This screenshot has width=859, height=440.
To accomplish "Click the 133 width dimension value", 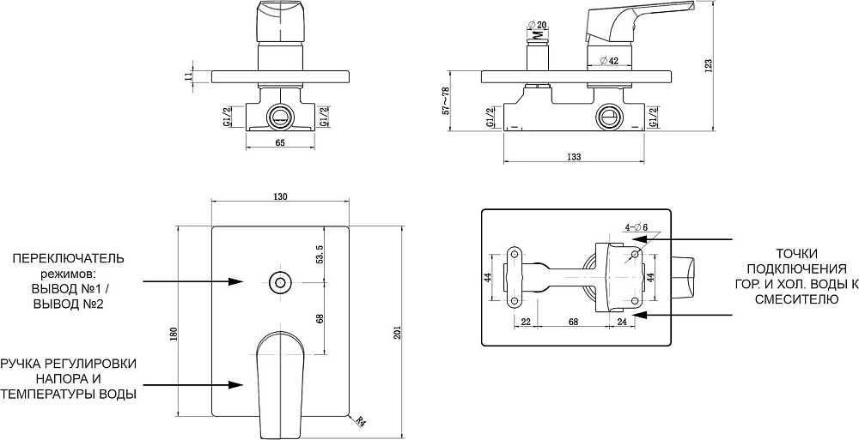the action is pyautogui.click(x=574, y=157).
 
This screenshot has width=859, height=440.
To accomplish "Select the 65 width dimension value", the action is pyautogui.click(x=280, y=143).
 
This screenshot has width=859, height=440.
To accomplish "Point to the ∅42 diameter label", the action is pyautogui.click(x=609, y=61).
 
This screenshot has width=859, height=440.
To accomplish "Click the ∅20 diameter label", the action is pyautogui.click(x=538, y=24).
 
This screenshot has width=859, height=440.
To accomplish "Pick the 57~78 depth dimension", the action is pyautogui.click(x=446, y=100).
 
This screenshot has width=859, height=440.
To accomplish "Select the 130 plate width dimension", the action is pyautogui.click(x=280, y=196).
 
